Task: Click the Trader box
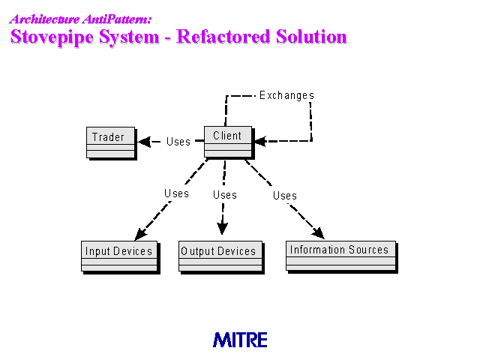(x=112, y=143)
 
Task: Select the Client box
(x=229, y=142)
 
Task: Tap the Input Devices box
(x=121, y=257)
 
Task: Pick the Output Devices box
(x=222, y=257)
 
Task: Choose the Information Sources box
(x=342, y=256)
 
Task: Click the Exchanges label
(x=286, y=95)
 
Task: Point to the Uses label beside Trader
(x=178, y=142)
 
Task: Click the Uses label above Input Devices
(x=177, y=193)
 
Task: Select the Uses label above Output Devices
(x=225, y=195)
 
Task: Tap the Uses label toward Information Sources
(x=285, y=196)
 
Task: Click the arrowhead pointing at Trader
(x=144, y=142)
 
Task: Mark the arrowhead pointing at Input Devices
(x=140, y=234)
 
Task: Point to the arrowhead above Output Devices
(x=222, y=229)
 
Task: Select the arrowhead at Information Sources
(x=318, y=233)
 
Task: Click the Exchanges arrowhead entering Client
(x=260, y=142)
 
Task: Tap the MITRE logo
(x=240, y=340)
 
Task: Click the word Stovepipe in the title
(x=52, y=37)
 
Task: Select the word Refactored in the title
(x=223, y=37)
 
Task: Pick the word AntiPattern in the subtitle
(x=117, y=19)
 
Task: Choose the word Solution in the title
(x=311, y=37)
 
